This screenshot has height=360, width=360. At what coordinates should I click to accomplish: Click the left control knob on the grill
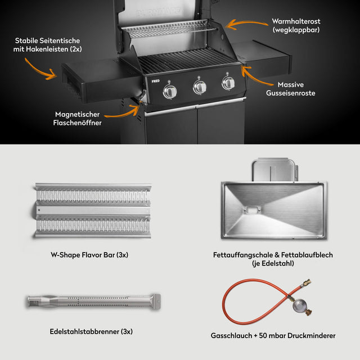pyautogui.click(x=170, y=92)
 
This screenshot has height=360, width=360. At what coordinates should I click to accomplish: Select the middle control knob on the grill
pyautogui.click(x=200, y=87)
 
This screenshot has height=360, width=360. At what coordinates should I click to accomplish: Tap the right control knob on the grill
pyautogui.click(x=228, y=83)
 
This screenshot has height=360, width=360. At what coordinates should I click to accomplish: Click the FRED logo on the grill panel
pyautogui.click(x=155, y=81)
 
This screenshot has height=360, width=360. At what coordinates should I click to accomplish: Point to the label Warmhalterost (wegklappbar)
pyautogui.click(x=296, y=25)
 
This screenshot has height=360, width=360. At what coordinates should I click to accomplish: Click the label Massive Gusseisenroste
pyautogui.click(x=291, y=89)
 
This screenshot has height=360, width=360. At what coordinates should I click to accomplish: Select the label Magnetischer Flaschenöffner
pyautogui.click(x=78, y=119)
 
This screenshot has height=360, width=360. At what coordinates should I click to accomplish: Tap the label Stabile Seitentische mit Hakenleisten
pyautogui.click(x=47, y=45)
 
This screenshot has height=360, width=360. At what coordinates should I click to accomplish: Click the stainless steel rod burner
pyautogui.click(x=94, y=301)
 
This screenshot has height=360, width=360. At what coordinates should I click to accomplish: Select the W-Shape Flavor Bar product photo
pyautogui.click(x=92, y=210)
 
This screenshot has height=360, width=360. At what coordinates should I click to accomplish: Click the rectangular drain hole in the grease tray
pyautogui.click(x=252, y=210)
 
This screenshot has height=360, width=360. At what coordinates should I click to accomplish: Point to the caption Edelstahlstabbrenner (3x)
pyautogui.click(x=91, y=331)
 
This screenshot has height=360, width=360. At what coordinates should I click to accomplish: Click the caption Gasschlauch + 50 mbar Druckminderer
pyautogui.click(x=273, y=335)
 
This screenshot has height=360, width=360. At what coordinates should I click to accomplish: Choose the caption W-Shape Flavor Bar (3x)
pyautogui.click(x=89, y=255)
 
